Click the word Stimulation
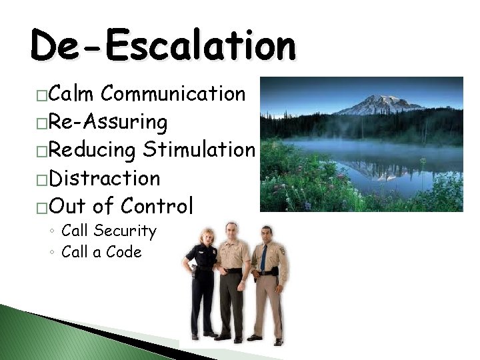(198, 150)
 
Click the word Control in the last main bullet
(159, 207)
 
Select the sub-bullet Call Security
(108, 231)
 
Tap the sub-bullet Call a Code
(101, 252)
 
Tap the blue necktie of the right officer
(263, 256)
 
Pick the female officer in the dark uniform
(203, 280)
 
